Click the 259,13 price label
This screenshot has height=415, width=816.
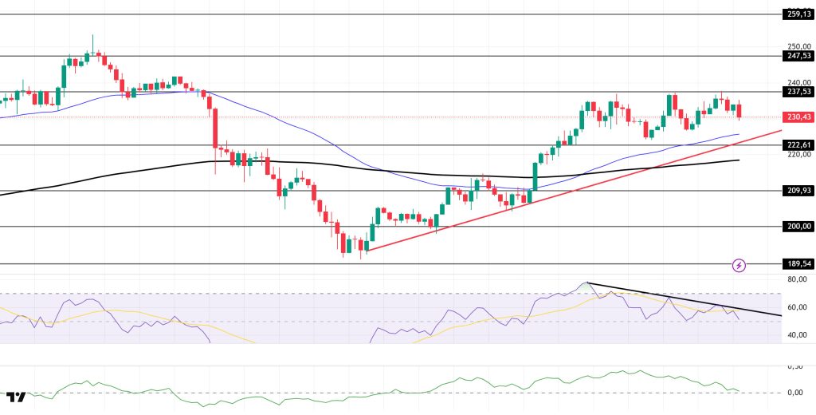[798, 14]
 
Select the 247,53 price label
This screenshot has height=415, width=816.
[798, 56]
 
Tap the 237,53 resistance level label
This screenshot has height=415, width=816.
[798, 91]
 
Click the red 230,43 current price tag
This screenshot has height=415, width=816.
[798, 117]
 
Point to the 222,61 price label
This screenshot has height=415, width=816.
[798, 144]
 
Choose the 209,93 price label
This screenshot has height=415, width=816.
[798, 191]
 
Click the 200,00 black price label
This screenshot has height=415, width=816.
[798, 226]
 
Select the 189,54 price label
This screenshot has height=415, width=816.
[798, 263]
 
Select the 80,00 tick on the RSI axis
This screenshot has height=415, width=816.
[797, 279]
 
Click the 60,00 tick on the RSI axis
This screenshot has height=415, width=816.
[797, 307]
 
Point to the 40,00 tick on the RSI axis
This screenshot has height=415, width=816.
[797, 335]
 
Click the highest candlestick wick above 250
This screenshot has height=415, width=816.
[92, 36]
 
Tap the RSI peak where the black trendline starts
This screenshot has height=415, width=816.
[587, 283]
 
